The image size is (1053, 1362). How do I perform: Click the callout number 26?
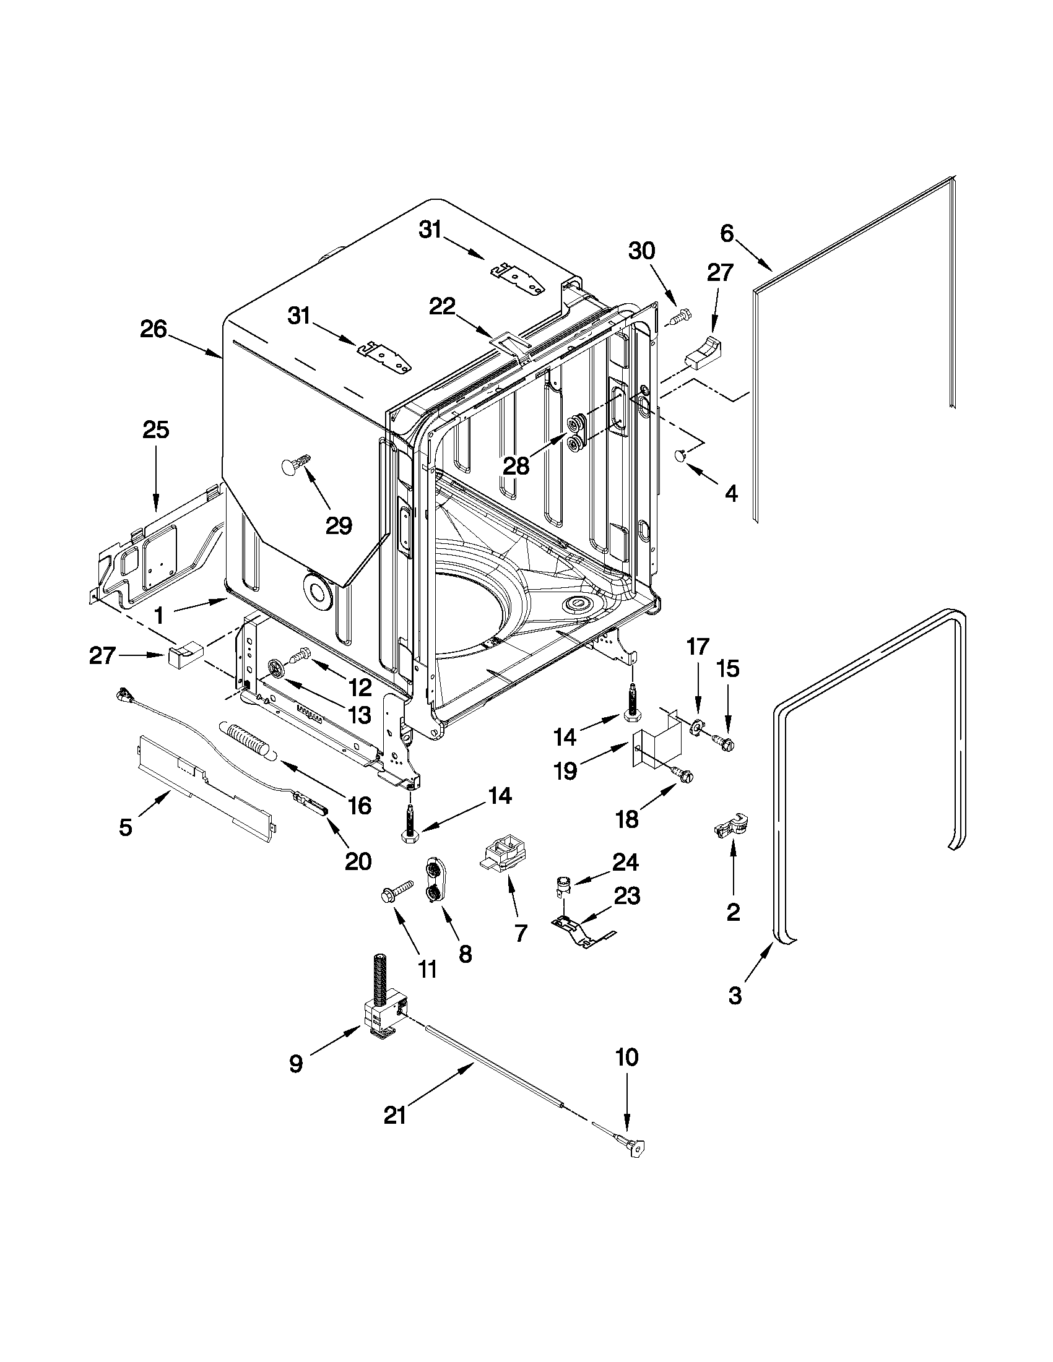pos(153,329)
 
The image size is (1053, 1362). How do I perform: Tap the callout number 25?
pos(156,429)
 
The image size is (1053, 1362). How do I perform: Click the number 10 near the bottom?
pos(627,1057)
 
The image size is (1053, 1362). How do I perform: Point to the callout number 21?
pos(394,1115)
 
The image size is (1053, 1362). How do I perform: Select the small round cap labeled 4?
pos(679,457)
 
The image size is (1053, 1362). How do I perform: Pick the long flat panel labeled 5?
pos(206,788)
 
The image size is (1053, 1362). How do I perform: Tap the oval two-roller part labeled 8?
pos(432,880)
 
